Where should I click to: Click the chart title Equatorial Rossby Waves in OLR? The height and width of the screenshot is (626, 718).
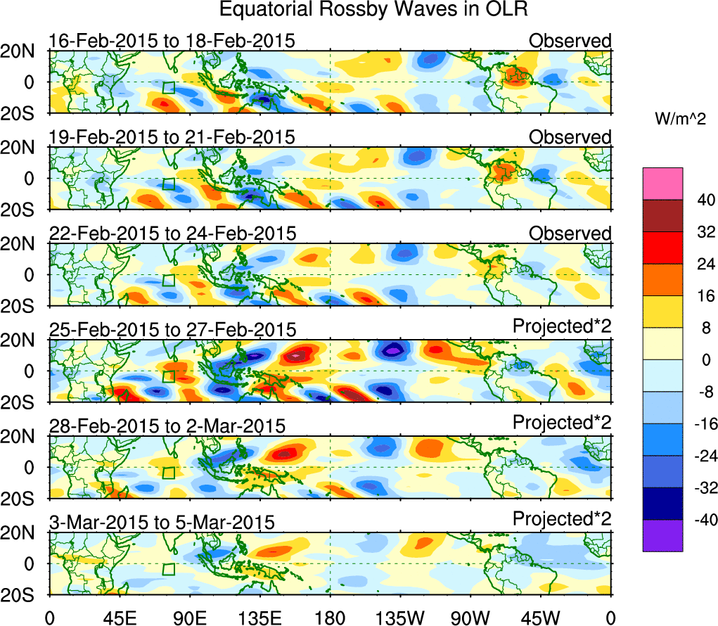[x=373, y=11]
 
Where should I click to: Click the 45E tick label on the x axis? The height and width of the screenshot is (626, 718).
[x=118, y=617]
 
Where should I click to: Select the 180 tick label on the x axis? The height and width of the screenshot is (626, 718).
[x=330, y=617]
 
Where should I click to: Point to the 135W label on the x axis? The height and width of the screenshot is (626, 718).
[x=400, y=617]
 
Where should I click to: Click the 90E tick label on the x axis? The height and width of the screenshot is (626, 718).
[x=188, y=617]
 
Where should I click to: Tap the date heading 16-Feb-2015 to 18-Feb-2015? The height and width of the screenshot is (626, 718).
[x=172, y=41]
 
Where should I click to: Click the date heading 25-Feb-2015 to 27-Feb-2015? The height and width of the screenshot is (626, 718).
[x=172, y=329]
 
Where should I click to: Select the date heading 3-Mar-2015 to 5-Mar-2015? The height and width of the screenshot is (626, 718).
[x=162, y=522]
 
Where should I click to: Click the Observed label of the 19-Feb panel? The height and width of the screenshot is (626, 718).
[x=570, y=137]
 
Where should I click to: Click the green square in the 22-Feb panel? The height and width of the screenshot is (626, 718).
[x=168, y=279]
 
